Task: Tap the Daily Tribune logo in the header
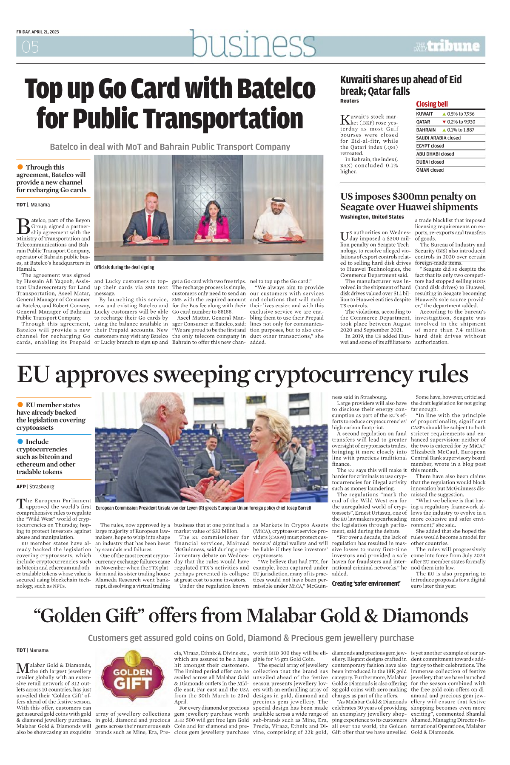tap(446, 46)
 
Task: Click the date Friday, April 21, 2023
tap(37, 32)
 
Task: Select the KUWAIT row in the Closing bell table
tap(450, 114)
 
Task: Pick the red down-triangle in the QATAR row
tap(444, 122)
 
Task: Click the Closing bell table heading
tap(432, 104)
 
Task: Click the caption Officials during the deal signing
tap(124, 267)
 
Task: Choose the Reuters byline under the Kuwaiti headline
tap(349, 101)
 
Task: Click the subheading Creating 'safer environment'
tap(366, 584)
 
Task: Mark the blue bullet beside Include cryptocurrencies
tap(20, 442)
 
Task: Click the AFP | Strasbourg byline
tap(35, 487)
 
